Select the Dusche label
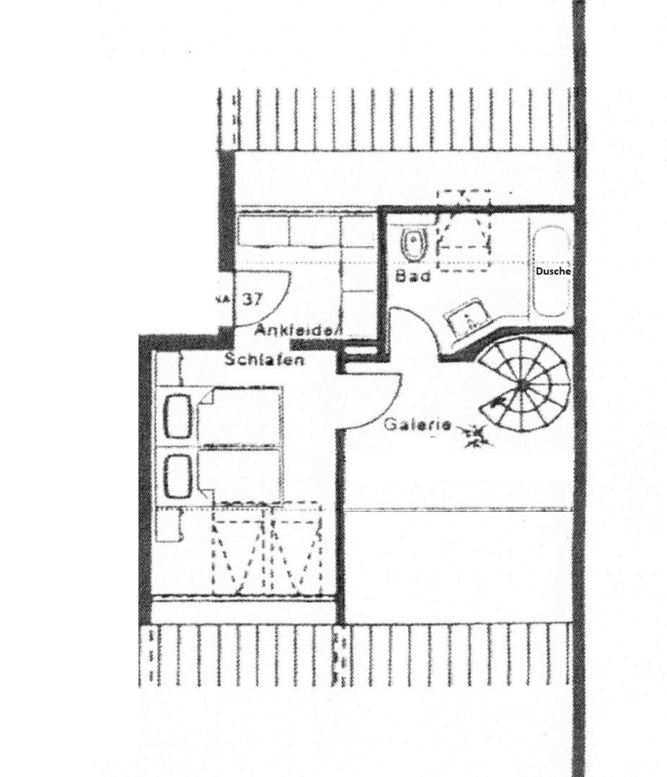tap(553, 271)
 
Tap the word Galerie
tap(417, 425)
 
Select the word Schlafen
tap(264, 359)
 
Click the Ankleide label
tap(294, 332)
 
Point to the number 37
tap(252, 299)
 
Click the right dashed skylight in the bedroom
tap(294, 548)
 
